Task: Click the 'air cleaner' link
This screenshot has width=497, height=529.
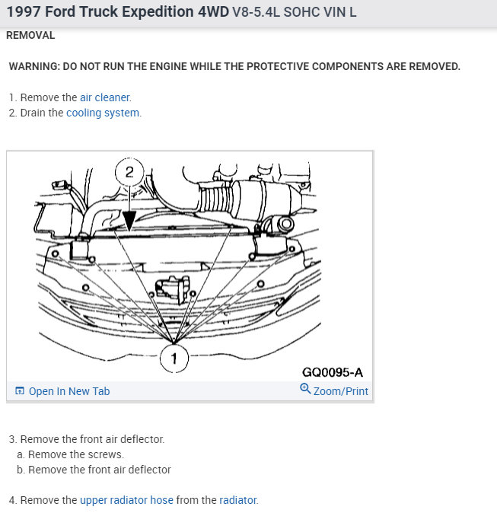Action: pos(104,97)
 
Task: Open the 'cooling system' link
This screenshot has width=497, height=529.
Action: pos(103,113)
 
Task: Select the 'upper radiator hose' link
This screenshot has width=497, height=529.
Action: pos(126,500)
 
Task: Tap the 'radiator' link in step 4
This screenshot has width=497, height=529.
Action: pos(238,500)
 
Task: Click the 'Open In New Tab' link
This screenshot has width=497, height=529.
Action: pos(69,391)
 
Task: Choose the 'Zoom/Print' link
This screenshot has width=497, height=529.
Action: pos(340,391)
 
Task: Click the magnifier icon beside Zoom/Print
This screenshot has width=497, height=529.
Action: pos(305,389)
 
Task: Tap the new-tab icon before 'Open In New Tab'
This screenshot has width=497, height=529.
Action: pos(20,391)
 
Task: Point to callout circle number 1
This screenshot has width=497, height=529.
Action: pos(174,359)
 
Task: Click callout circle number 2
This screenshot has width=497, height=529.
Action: pos(129,172)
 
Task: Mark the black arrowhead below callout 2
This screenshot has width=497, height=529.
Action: pos(129,221)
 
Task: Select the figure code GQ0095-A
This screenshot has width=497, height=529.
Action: pos(333,372)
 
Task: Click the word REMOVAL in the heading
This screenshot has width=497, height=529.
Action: pos(30,36)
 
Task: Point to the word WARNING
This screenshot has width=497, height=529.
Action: pos(34,66)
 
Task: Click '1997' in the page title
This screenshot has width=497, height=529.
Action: pos(24,12)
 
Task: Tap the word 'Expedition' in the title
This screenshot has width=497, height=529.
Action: pos(158,12)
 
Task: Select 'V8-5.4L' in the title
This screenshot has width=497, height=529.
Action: pos(256,12)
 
